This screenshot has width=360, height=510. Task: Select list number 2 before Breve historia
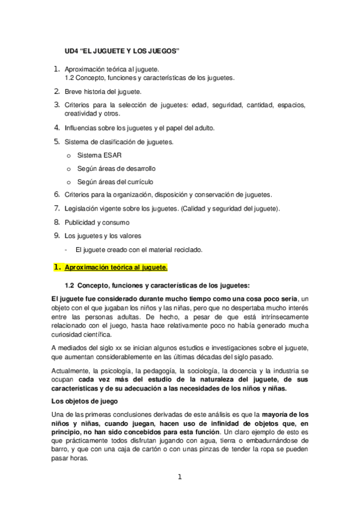pos(58,91)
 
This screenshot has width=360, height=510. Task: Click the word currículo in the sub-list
pos(138,182)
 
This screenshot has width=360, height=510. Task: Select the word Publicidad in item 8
pos(80,222)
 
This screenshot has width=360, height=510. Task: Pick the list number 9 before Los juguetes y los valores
pos(58,235)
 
